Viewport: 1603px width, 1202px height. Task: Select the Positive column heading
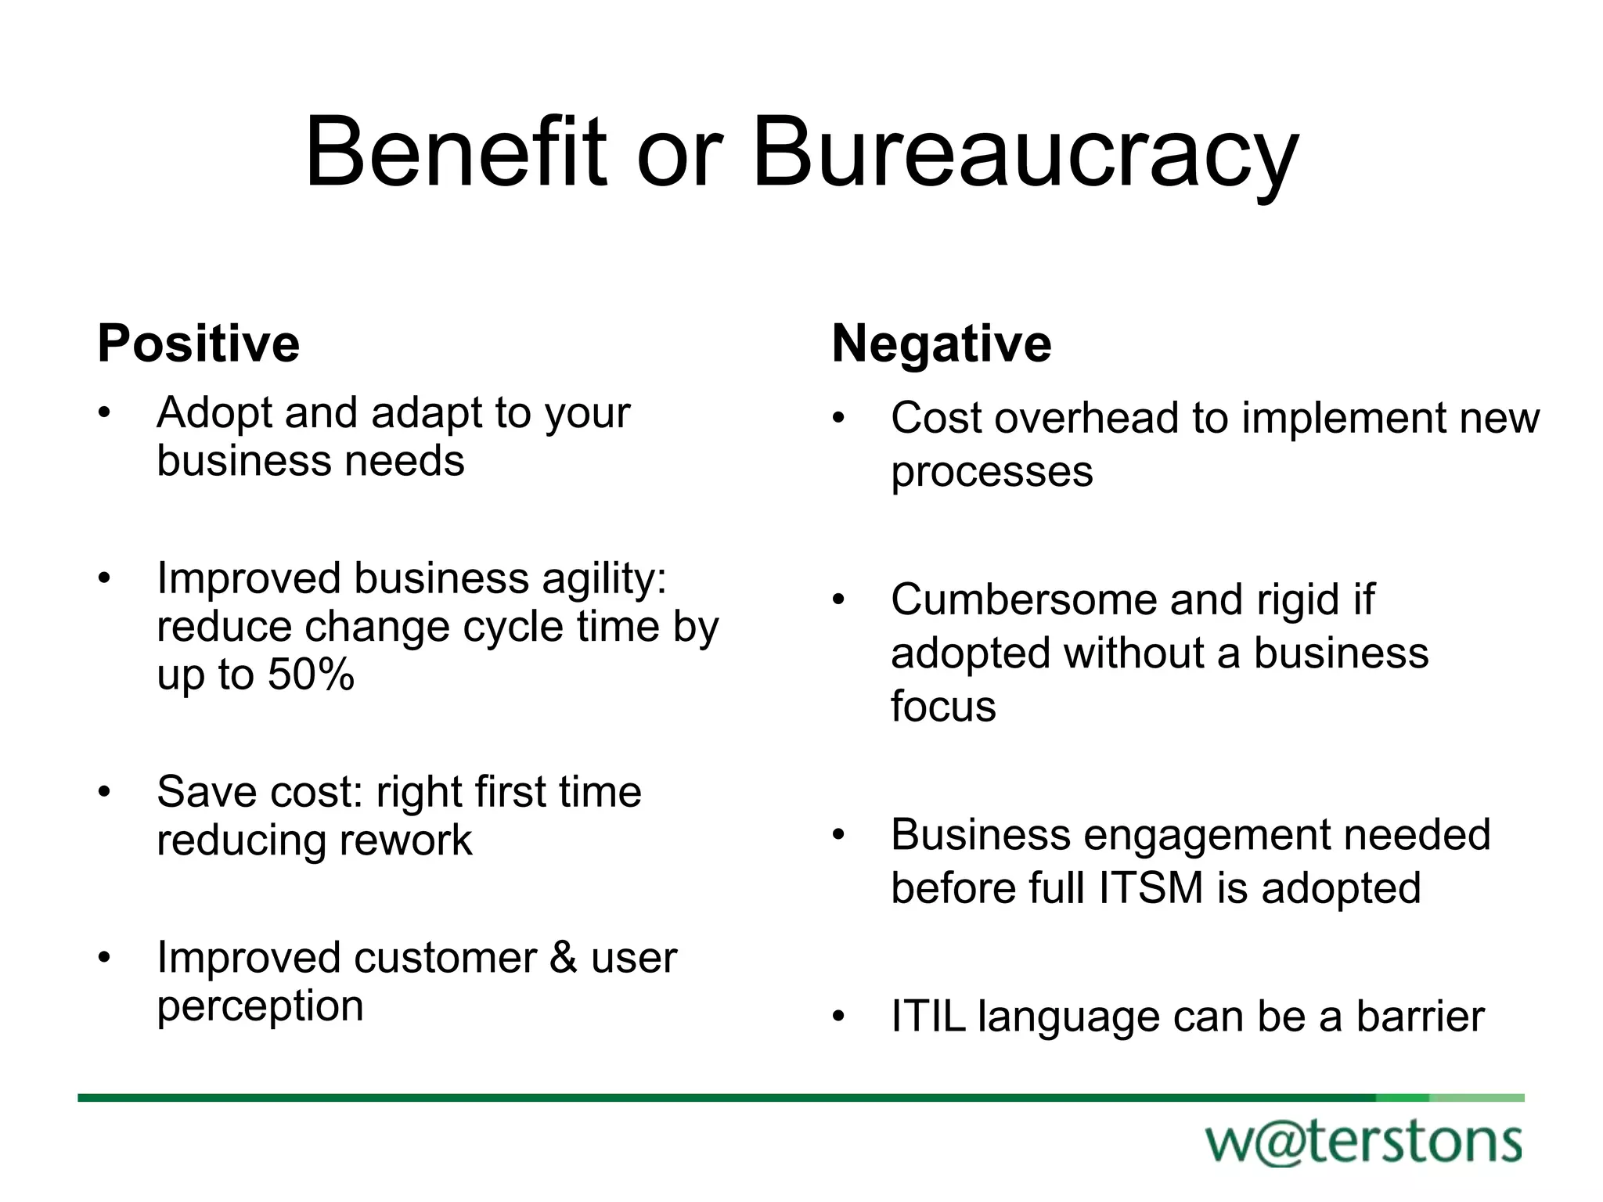(199, 344)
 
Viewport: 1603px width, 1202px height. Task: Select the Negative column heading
(942, 344)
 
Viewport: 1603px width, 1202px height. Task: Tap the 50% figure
(311, 674)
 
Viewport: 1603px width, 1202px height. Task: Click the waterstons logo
(1363, 1143)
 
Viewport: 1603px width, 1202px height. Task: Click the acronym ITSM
(1151, 888)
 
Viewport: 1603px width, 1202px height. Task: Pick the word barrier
(1420, 1017)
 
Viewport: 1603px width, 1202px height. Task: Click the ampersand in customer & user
(564, 958)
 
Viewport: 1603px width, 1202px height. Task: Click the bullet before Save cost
(105, 792)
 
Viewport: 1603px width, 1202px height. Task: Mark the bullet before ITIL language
(839, 1017)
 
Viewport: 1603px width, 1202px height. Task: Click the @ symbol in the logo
(1281, 1143)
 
